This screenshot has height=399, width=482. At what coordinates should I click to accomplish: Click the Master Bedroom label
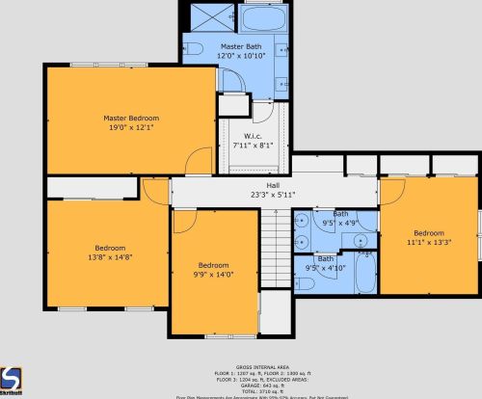tap(131, 118)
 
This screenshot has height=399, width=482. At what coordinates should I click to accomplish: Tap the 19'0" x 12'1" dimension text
tap(131, 127)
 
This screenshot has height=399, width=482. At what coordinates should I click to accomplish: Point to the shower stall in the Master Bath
tap(205, 18)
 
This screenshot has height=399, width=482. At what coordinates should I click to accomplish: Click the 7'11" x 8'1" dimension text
tap(253, 146)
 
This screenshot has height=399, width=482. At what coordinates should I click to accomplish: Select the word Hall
tap(273, 185)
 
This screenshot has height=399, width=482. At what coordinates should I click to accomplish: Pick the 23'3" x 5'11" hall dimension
tap(273, 195)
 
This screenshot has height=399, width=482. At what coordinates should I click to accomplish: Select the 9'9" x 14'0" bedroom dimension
tap(213, 275)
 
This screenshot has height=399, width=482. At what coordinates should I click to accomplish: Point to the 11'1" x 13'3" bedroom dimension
tap(429, 243)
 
